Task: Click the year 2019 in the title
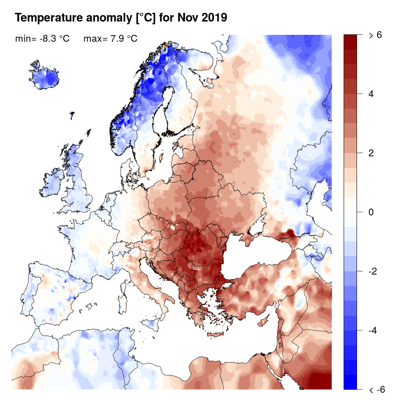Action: coord(212,18)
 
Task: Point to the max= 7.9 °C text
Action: coord(110,39)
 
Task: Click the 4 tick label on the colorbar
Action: coord(371,93)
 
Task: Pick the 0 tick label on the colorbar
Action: coord(371,212)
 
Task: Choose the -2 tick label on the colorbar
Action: coord(373,271)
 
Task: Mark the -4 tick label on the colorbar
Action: coord(373,330)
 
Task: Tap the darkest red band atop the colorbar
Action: coord(350,39)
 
